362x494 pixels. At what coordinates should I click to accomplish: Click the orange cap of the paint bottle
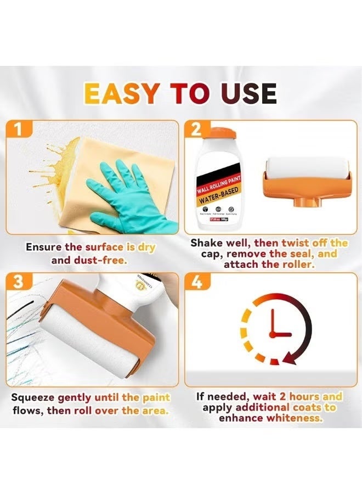[x=225, y=134]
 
